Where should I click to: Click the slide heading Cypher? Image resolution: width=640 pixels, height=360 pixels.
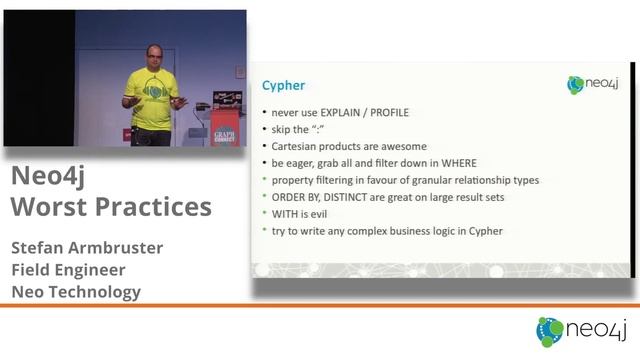[x=284, y=87]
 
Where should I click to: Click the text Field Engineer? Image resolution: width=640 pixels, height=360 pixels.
[x=70, y=269]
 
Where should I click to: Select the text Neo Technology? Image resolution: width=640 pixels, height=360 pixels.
[x=75, y=292]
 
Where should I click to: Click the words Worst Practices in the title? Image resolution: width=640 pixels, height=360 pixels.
[x=111, y=207]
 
